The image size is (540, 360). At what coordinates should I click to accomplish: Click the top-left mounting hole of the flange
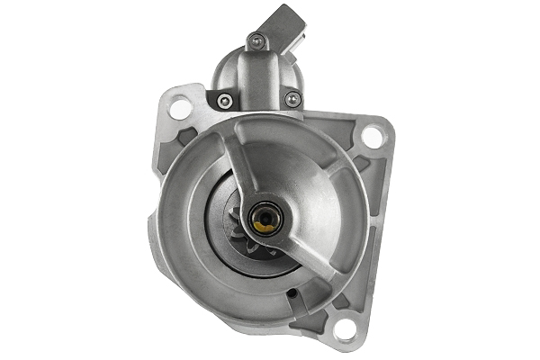tap(180, 109)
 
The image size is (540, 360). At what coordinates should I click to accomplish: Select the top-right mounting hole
tap(371, 136)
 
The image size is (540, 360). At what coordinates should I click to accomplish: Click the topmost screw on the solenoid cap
tap(256, 40)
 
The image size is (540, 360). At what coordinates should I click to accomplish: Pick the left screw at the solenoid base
tap(225, 100)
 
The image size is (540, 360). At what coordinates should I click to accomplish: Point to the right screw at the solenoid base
tap(292, 100)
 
